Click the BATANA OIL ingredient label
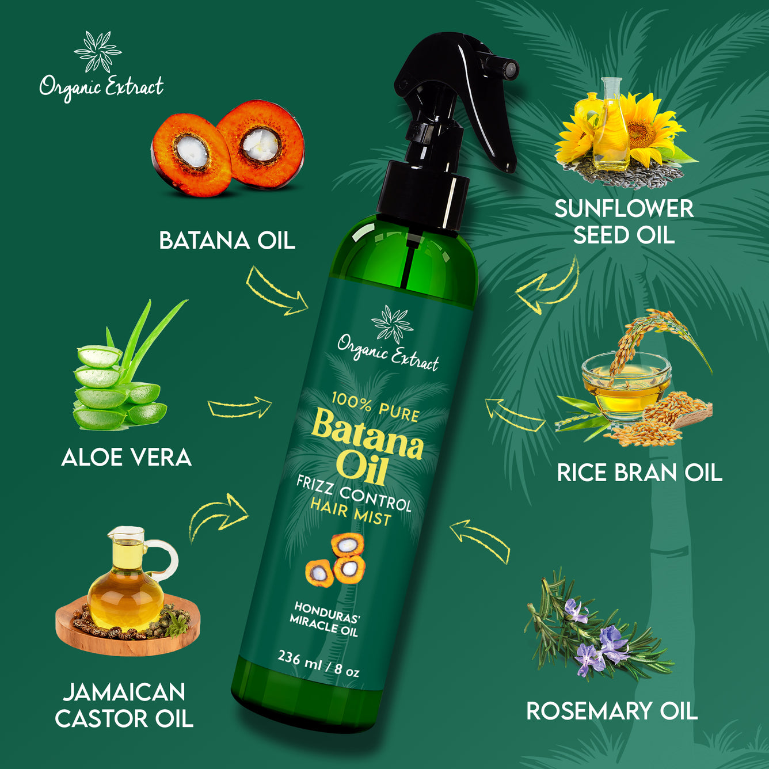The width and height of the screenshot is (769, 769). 227,241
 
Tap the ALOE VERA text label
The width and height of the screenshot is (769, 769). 126,458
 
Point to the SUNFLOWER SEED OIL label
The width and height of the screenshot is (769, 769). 624,222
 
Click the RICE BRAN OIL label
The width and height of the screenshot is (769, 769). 639,473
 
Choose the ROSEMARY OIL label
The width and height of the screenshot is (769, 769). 612,711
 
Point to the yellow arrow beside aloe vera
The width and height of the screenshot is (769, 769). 239,408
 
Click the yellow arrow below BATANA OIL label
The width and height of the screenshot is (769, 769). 277,291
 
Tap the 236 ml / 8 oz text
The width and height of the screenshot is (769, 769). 318,664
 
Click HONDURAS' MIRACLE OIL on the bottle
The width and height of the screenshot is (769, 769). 325,619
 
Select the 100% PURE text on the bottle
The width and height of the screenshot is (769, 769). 375,406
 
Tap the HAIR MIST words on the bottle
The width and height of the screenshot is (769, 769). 350,512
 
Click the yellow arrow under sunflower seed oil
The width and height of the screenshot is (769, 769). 547,287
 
